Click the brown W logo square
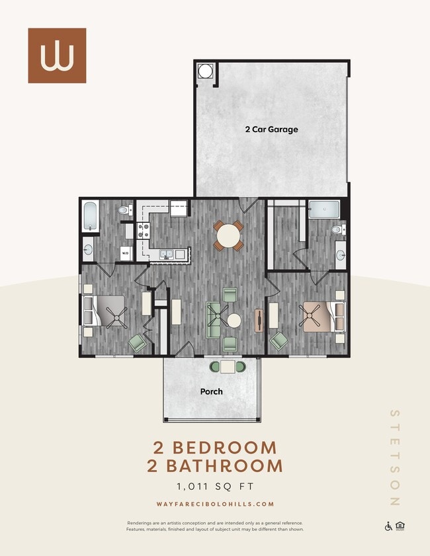(x=57, y=56)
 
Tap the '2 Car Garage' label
(x=271, y=130)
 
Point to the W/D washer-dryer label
(x=124, y=252)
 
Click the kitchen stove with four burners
(x=143, y=230)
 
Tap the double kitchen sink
(x=166, y=254)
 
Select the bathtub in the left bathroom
(x=90, y=216)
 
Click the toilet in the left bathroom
(x=123, y=210)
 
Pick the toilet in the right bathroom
(x=337, y=230)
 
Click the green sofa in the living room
(x=214, y=320)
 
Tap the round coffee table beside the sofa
(x=234, y=321)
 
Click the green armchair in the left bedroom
(x=137, y=342)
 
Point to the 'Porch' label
(x=211, y=391)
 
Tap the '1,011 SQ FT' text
(x=215, y=487)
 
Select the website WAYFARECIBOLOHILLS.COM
(x=215, y=504)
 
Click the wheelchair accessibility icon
(x=388, y=526)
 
